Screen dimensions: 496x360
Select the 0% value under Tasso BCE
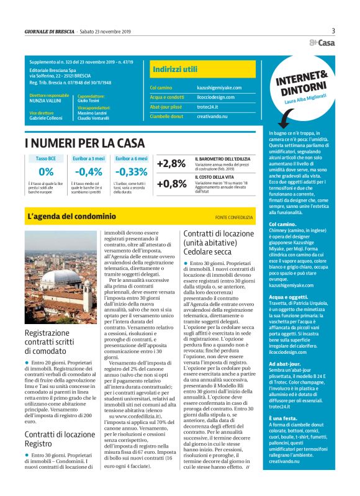[x=46, y=172]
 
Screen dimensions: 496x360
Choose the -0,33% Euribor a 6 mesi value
[x=132, y=172]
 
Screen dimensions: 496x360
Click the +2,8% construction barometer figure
[x=171, y=164]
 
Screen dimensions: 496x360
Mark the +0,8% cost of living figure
[x=171, y=184]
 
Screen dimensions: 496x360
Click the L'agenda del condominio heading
[x=72, y=217]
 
